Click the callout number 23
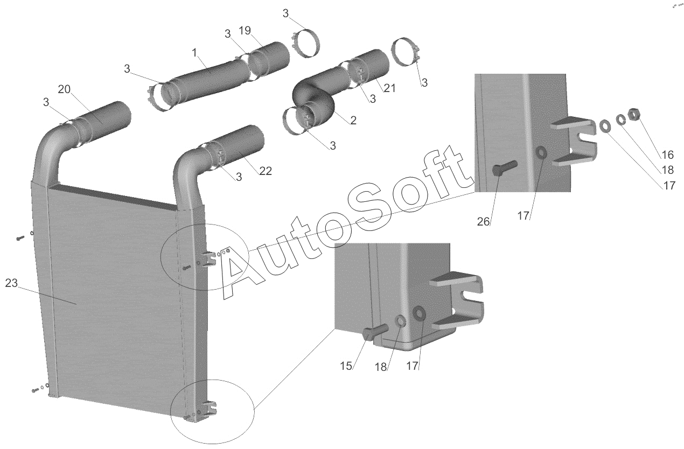(12, 283)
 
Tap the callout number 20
(64, 89)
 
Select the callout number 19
(245, 31)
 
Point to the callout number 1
(194, 53)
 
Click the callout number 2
(353, 121)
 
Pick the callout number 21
(389, 88)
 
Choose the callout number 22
(266, 171)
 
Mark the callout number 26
(484, 222)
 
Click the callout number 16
(668, 155)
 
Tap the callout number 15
(346, 366)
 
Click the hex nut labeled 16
(634, 115)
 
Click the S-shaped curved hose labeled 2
(318, 97)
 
